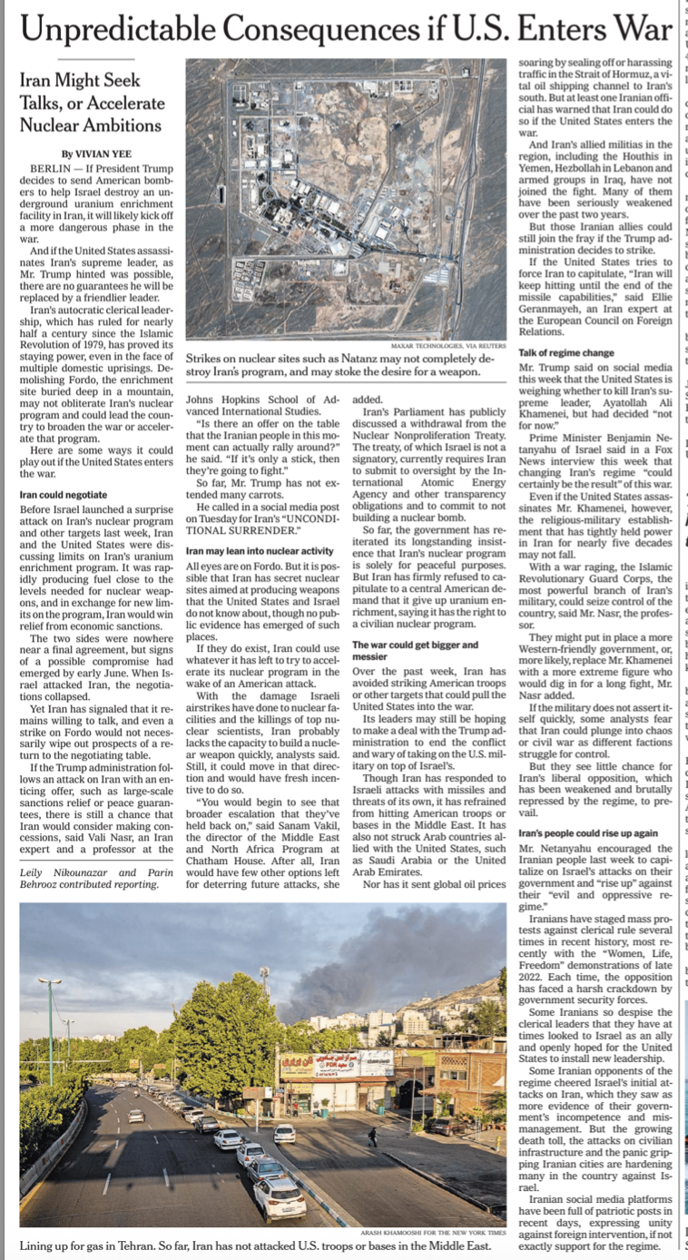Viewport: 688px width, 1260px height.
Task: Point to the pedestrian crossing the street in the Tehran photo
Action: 372,1136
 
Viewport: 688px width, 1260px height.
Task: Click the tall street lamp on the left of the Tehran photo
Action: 51,1026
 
